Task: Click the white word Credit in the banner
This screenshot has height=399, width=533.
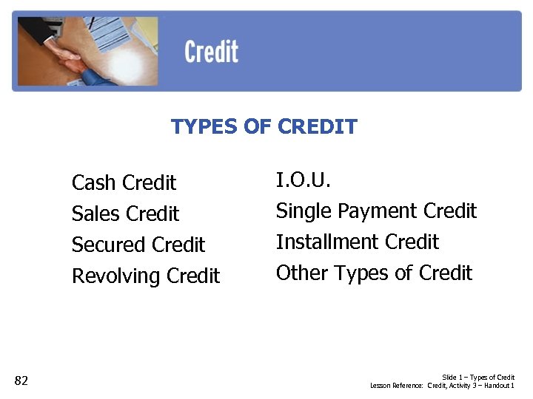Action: pos(211,52)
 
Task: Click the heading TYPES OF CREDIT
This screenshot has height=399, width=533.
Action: pos(264,127)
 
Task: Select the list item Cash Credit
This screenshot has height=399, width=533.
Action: pos(124,183)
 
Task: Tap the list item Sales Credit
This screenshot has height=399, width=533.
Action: pos(125,214)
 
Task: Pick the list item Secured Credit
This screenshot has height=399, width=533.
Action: pos(138,245)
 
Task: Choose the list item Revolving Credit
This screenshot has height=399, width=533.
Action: pos(145,276)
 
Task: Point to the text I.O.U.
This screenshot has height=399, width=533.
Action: pos(304,180)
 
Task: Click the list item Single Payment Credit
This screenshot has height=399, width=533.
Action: pos(376,211)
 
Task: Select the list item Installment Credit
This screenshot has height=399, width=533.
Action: pos(357,242)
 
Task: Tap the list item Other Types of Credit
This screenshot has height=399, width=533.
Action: pos(374,273)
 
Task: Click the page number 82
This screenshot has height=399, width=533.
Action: pos(21,381)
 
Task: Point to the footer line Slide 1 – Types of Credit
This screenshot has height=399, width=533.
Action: pos(478,378)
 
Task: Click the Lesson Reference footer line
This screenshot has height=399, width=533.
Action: pos(442,386)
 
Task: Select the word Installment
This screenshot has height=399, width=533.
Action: pos(315,242)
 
